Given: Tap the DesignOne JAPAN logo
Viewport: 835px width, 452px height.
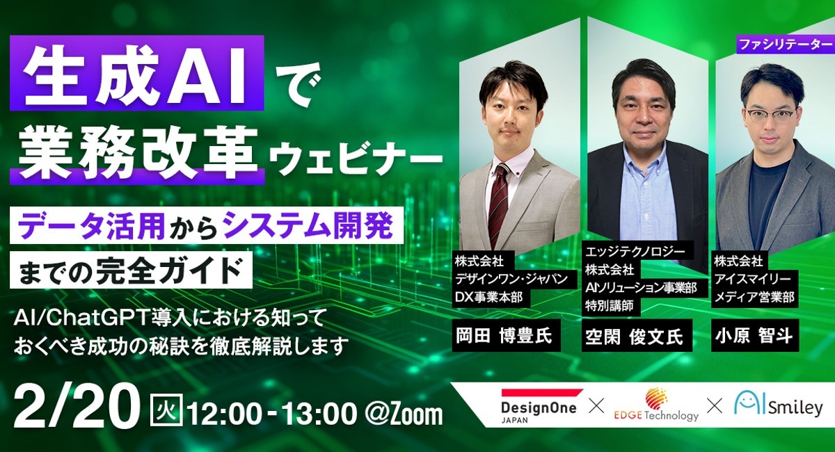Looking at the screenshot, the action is pos(539,406).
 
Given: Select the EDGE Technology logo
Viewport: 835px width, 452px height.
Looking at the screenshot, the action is pos(656,405).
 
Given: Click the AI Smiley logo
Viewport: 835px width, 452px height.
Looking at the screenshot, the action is pos(778,405).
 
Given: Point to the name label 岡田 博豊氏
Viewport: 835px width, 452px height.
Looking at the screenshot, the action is pos(507,335).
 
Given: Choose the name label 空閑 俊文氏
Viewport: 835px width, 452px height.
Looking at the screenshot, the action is pos(637,335).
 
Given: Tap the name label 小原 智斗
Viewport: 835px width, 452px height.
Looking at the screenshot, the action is pos(755,335).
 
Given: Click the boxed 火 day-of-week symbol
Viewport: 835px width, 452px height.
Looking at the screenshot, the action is pos(166,410).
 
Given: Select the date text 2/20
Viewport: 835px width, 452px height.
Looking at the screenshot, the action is pos(74,407).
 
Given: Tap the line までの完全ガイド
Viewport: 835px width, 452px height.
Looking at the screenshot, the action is pos(131,270).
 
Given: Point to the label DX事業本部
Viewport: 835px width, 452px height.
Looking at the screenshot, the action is pos(488,297).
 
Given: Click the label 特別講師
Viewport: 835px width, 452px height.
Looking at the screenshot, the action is pos(609,306).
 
